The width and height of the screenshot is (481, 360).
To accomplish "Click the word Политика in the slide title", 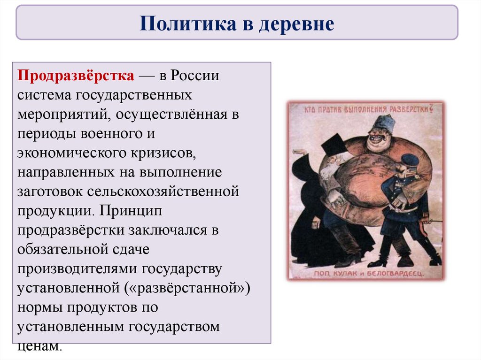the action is point(188,23).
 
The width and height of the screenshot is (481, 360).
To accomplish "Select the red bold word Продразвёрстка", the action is point(76,76).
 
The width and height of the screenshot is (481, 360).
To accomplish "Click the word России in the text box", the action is point(195,75).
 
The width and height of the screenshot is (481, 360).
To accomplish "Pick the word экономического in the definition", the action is point(72,153).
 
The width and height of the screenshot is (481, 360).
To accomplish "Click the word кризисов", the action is point(163,153).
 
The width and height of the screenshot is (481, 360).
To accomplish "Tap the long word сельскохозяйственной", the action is point(163,191).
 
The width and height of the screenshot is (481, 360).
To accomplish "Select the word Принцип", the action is point(131,211).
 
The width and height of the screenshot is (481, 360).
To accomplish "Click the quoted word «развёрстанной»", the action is point(187,288).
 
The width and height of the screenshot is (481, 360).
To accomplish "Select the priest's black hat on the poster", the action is point(335,144).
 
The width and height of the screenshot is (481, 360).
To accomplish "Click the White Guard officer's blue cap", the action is point(410,161).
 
